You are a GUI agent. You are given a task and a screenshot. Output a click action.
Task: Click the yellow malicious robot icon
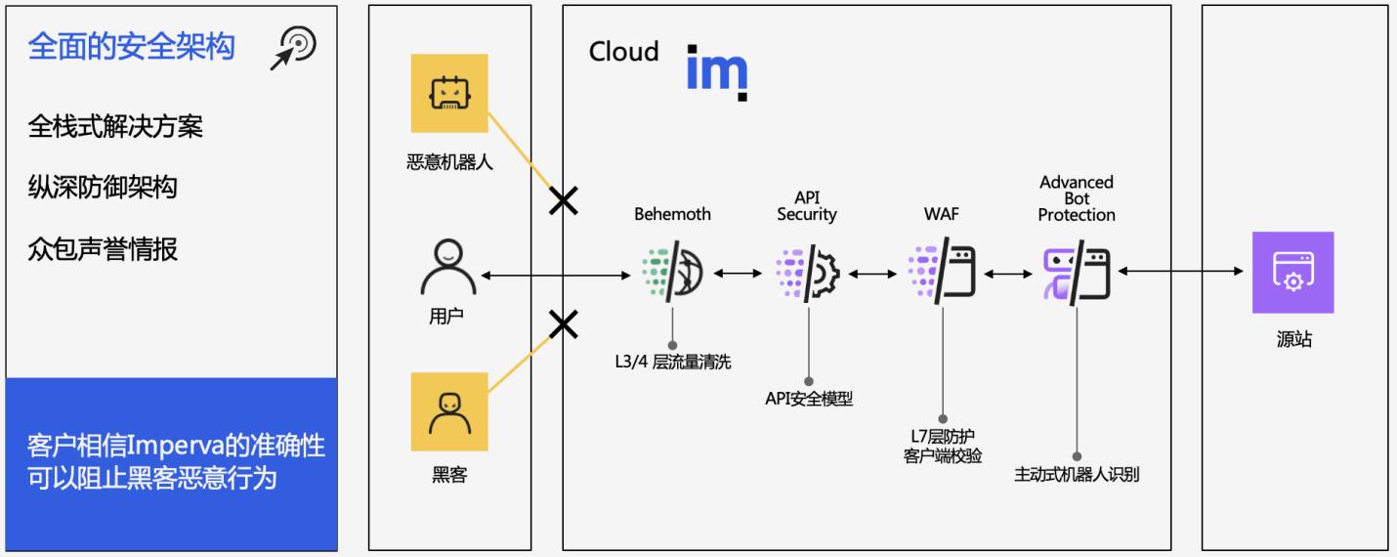tap(449, 93)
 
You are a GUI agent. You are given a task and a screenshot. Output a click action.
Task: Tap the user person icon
tap(449, 269)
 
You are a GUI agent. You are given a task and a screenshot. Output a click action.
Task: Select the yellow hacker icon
tap(449, 411)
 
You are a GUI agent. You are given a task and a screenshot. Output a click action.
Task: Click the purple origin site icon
tap(1292, 273)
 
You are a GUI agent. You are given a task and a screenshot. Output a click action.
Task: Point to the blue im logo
tap(717, 71)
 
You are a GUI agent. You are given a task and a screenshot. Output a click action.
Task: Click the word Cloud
tap(623, 52)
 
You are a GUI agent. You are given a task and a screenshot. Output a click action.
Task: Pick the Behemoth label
tap(672, 214)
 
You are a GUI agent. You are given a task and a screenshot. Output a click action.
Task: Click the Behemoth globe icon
tap(672, 274)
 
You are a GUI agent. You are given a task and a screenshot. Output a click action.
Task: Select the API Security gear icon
tap(808, 275)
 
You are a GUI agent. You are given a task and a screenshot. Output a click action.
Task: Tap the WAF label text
tap(942, 214)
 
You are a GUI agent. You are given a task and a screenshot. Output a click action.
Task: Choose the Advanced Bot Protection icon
tap(1077, 274)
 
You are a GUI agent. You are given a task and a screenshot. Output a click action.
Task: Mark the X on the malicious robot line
tap(563, 201)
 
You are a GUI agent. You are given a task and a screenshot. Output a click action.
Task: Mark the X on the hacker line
tap(563, 324)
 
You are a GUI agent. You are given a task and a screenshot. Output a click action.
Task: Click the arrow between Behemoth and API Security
tap(738, 275)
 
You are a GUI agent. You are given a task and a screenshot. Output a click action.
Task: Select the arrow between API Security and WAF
tap(873, 275)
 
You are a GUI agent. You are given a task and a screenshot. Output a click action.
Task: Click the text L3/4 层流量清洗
tap(672, 363)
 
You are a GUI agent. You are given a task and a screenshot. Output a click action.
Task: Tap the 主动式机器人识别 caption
tap(1077, 476)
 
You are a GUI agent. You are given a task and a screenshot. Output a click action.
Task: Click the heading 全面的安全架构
tap(131, 47)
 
